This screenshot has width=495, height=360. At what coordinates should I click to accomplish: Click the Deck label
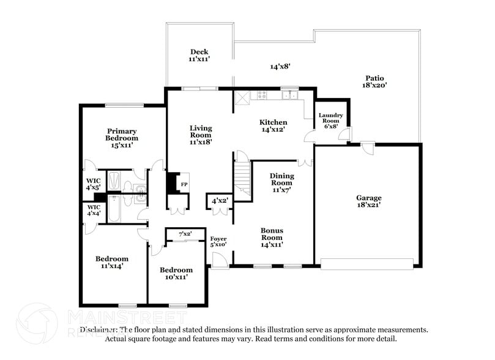[x=199, y=56]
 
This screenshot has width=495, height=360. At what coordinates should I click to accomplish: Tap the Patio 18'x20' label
[x=374, y=82]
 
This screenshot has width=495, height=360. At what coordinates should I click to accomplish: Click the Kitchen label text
[x=274, y=126]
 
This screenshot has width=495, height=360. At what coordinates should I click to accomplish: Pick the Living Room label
[x=200, y=135]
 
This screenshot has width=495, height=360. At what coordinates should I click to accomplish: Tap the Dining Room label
[x=281, y=182]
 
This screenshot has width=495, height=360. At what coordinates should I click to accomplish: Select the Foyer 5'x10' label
[x=218, y=241]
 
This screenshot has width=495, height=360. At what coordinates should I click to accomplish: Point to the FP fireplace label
[x=183, y=183]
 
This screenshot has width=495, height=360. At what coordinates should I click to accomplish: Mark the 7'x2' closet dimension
[x=185, y=234]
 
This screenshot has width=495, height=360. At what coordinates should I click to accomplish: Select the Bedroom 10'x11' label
[x=176, y=273]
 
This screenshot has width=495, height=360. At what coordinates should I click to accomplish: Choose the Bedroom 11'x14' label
[x=112, y=262]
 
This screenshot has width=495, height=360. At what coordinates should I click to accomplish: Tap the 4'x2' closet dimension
[x=219, y=200]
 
